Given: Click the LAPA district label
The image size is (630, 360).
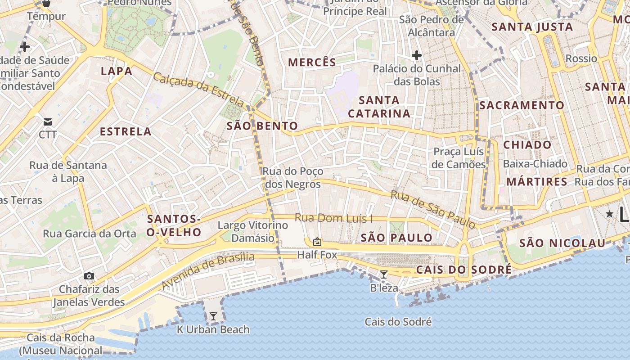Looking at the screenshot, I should (x=117, y=71).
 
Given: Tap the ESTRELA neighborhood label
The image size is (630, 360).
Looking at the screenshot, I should (x=126, y=132).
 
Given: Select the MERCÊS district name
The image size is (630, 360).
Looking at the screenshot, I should (x=312, y=63).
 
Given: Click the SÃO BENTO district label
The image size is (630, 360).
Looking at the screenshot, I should (x=262, y=126).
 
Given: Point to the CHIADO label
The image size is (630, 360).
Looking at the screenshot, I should (x=527, y=145).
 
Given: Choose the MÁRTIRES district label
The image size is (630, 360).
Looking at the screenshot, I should (x=537, y=182).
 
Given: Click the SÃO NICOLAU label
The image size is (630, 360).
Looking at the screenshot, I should (x=562, y=243).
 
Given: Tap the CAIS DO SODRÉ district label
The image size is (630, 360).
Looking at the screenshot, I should (x=463, y=270).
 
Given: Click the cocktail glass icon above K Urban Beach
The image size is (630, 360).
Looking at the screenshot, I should (x=213, y=316).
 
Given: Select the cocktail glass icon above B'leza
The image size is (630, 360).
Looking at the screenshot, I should (x=384, y=274).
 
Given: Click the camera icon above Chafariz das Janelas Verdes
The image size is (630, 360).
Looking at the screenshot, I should (x=89, y=276).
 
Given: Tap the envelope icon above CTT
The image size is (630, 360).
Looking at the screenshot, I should (x=48, y=121).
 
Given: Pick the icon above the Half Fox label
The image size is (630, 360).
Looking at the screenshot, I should (x=317, y=242).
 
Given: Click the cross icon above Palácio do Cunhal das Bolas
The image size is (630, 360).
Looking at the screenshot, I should (x=416, y=56).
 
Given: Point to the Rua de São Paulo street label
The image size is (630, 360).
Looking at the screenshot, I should (x=432, y=209).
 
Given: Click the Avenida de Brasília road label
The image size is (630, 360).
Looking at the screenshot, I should (x=208, y=271).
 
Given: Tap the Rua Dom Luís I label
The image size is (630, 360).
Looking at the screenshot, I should (x=333, y=218).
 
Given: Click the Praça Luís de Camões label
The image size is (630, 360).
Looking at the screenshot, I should (x=459, y=158).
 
